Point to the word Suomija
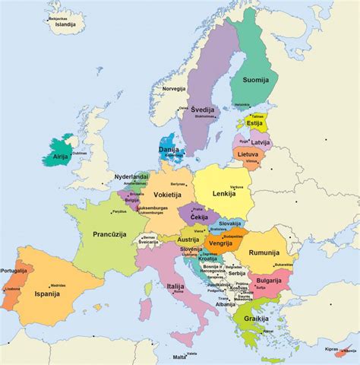click(257, 78)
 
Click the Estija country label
click(254, 122)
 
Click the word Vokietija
click(167, 195)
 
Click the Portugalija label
click(14, 271)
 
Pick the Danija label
click(169, 151)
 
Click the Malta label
click(179, 356)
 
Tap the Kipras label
click(330, 350)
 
